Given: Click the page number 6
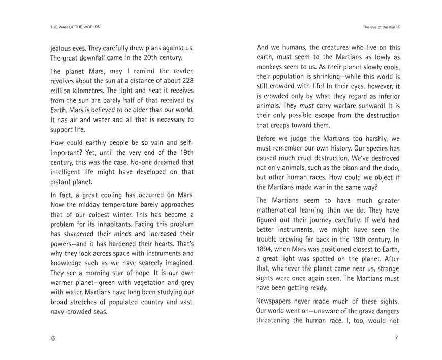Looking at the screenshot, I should click(53, 339).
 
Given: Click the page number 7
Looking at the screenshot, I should click(396, 339).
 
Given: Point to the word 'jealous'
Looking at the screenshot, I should click(62, 48).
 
